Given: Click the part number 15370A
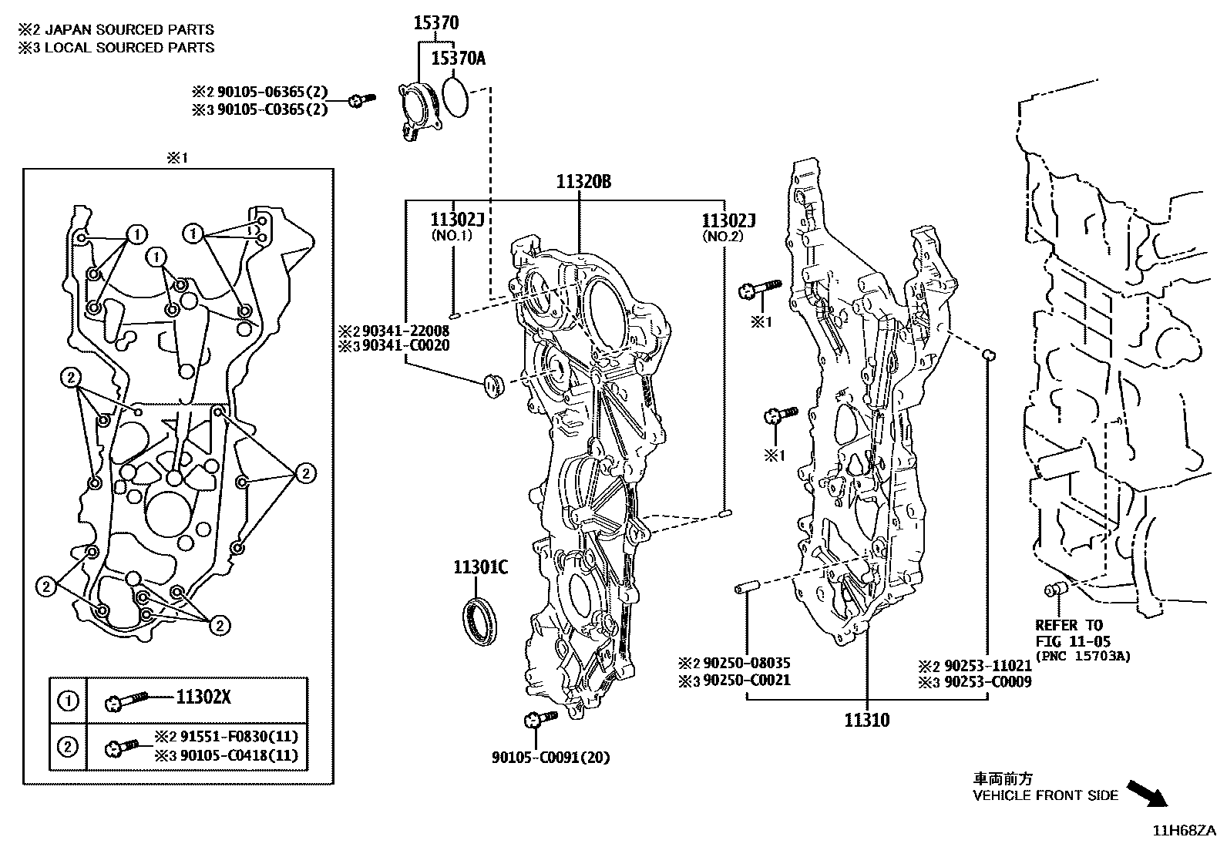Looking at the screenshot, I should (457, 59).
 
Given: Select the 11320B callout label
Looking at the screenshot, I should (584, 183).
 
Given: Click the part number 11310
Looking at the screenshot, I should (866, 721).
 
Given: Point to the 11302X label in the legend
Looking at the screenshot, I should (203, 697).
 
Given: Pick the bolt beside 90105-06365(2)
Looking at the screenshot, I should (360, 100).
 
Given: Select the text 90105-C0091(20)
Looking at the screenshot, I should (550, 758).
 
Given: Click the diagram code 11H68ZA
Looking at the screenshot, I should (1183, 830).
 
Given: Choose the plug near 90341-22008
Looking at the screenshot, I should (491, 383).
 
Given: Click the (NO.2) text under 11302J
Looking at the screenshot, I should (721, 237).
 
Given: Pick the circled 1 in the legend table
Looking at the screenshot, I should (68, 701).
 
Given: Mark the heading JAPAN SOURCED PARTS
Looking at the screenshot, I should (127, 29).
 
